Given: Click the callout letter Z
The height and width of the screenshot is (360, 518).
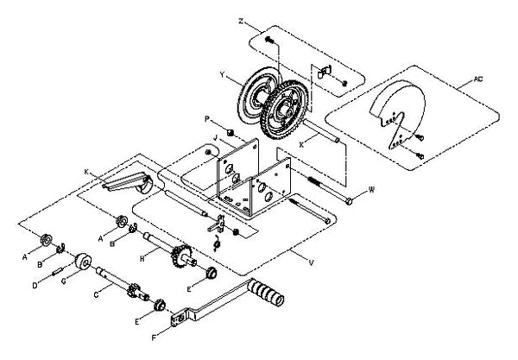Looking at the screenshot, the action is tap(241, 21).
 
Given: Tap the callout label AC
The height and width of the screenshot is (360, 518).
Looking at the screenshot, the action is tap(478, 79).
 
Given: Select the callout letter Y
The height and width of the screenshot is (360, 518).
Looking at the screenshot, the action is tap(223, 75).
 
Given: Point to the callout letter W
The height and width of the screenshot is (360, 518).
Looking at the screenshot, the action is tap(371, 190).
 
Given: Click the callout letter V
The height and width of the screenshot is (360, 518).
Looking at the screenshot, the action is tap(311, 263).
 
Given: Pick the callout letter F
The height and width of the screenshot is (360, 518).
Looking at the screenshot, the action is tap(154, 338).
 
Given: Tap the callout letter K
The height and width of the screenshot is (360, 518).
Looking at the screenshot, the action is tap(86, 172).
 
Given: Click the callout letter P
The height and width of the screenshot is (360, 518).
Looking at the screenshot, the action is tap(207, 119).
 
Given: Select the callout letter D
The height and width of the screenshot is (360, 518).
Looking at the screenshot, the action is tap(35, 286).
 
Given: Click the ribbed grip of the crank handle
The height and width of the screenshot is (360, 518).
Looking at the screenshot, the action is tap(266, 292).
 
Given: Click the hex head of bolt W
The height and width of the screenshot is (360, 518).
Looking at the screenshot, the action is tap(349, 200).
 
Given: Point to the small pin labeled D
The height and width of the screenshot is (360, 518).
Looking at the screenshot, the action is tap(58, 271).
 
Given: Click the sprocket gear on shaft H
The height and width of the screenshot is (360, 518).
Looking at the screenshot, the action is tap(180, 256).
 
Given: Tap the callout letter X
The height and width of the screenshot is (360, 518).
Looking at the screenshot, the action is tap(301, 144).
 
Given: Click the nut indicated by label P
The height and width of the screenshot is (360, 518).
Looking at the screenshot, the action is tap(231, 133).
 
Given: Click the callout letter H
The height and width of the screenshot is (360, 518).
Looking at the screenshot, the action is tap(142, 259).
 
